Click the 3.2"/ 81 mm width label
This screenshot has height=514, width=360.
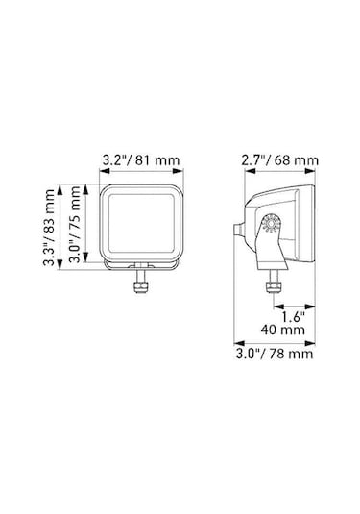(x=137, y=159)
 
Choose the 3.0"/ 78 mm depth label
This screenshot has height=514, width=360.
(x=275, y=355)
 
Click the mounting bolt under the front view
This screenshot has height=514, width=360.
(x=140, y=285)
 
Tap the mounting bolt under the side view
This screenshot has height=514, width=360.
(x=272, y=285)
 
